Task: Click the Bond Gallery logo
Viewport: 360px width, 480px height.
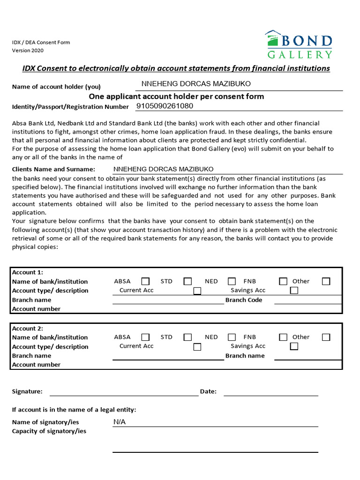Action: coord(299,45)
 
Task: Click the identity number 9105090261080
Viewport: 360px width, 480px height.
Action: coord(165,106)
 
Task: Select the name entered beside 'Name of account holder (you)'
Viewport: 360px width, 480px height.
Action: coord(196,84)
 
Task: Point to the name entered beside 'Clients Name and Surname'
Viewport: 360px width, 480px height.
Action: coord(164,169)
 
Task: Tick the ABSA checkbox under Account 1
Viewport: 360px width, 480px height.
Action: coord(145,281)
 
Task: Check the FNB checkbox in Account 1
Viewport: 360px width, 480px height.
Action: coord(283,281)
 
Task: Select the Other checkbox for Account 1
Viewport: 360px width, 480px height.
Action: coord(326,281)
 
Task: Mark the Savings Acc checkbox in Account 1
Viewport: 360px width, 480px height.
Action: coord(294,291)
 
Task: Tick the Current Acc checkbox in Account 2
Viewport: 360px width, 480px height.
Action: coord(197,347)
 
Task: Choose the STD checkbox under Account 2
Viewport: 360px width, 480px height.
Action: coord(187,337)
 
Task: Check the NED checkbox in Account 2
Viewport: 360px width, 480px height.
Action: coord(232,337)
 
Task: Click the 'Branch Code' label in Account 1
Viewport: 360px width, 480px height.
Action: coord(244,300)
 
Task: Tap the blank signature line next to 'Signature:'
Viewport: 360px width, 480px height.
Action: coord(124,393)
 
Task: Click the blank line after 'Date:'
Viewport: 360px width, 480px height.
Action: coord(270,393)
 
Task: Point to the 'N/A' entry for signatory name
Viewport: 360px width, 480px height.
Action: coord(120,422)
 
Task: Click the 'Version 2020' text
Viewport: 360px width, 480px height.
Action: coord(28,50)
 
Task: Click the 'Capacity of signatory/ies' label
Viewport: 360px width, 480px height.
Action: coord(49,431)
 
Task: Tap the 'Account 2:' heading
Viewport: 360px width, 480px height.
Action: coord(28,329)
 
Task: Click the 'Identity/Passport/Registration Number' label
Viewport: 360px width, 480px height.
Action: coord(70,107)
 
